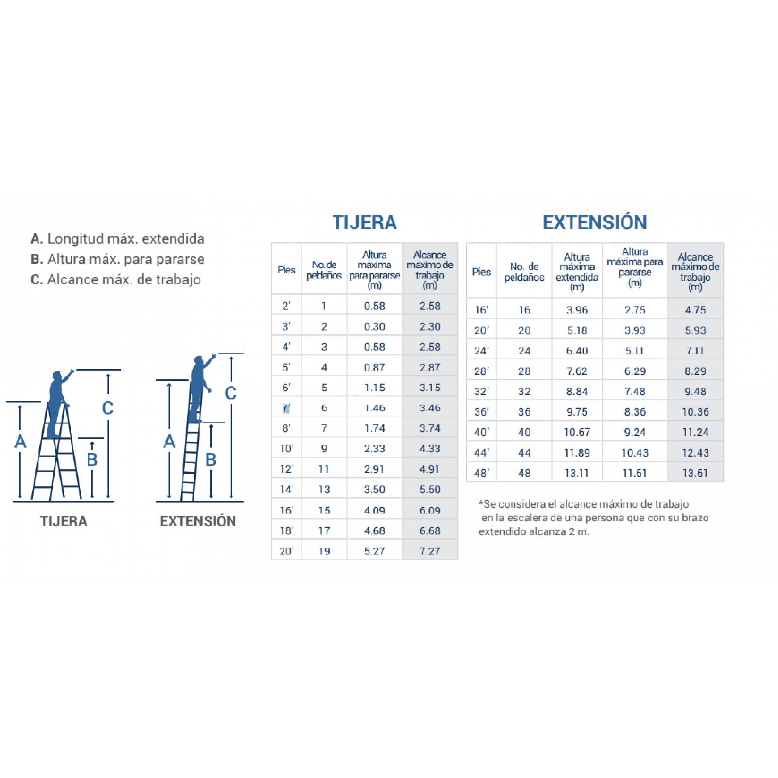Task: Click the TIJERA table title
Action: [x=364, y=222]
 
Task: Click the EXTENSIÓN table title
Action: [x=595, y=222]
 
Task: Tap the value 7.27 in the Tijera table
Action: [x=429, y=551]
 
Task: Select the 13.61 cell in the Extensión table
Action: [x=695, y=473]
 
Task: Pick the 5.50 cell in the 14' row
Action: [x=429, y=489]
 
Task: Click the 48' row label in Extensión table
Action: [x=481, y=473]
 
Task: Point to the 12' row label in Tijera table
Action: [x=286, y=469]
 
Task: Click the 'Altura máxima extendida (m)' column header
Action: [x=577, y=272]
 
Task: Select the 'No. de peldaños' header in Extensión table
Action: [x=524, y=272]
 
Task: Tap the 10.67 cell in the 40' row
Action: [x=577, y=432]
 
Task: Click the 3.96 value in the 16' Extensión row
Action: [x=577, y=310]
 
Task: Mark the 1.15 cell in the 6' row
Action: [x=374, y=388]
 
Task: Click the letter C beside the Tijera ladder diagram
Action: [x=107, y=408]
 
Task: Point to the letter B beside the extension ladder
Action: [x=211, y=460]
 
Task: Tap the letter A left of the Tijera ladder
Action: [x=20, y=442]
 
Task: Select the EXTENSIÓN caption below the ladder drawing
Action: [x=198, y=521]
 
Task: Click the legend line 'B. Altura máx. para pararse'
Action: [x=117, y=259]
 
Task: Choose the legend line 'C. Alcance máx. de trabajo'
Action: [x=115, y=280]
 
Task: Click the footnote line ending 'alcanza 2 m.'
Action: [x=534, y=532]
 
